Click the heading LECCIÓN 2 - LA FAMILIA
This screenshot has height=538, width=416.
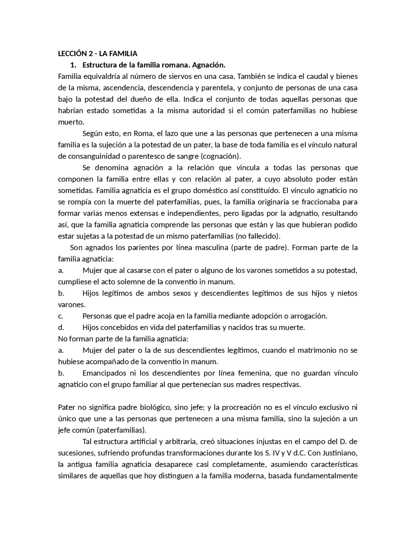point(97,54)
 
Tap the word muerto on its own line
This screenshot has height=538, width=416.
point(71,122)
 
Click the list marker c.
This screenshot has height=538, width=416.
point(60,316)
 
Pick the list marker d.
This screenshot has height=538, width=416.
point(61,327)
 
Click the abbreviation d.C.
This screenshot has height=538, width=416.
point(295,453)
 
